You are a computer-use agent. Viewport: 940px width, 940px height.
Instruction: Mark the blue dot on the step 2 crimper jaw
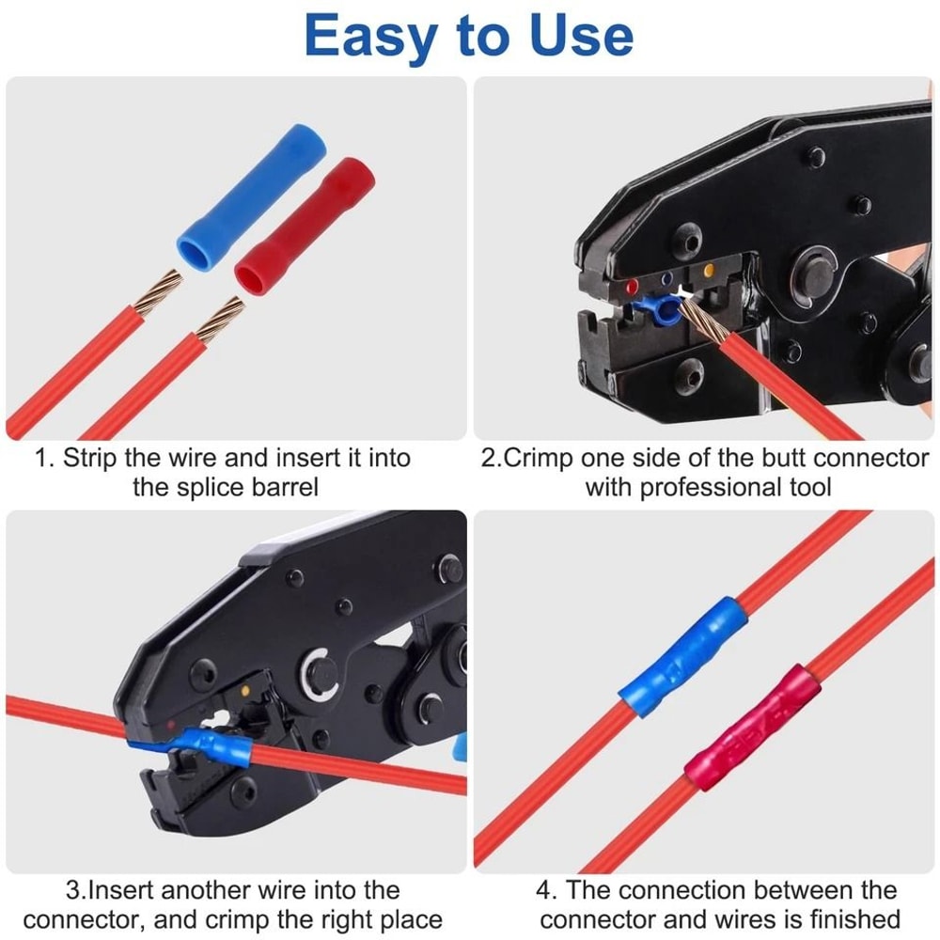[666, 278]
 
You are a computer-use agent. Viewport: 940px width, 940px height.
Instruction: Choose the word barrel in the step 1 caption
[274, 487]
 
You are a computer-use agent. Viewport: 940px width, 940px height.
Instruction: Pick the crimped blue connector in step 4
[683, 653]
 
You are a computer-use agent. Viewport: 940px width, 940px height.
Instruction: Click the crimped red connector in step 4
[752, 727]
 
